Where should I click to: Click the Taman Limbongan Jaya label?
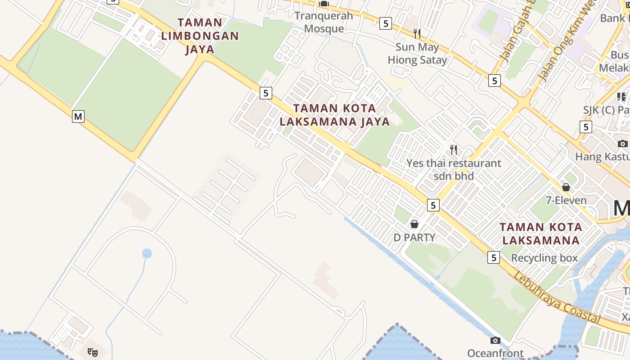pos(200,36)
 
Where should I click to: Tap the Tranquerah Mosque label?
pos(324,22)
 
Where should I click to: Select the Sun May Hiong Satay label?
pos(418,54)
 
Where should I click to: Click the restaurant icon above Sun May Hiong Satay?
pos(417,33)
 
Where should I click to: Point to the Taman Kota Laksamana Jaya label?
pos(334,115)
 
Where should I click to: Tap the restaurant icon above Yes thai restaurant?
pos(454,150)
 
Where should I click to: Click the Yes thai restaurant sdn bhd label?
pos(454,169)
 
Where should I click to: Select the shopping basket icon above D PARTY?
pos(414,224)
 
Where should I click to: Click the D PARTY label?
pos(414,237)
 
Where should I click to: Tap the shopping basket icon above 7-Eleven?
pos(566,187)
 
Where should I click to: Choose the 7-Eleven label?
pos(566,200)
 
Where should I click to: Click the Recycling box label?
pos(544,258)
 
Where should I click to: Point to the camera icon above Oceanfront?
pos(495,340)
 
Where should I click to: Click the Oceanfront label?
pos(495,353)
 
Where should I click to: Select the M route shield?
pos(78,117)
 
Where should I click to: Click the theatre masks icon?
pos(93,352)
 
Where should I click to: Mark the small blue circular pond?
pos(147,253)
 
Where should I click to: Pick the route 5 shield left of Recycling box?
pos(494,257)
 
